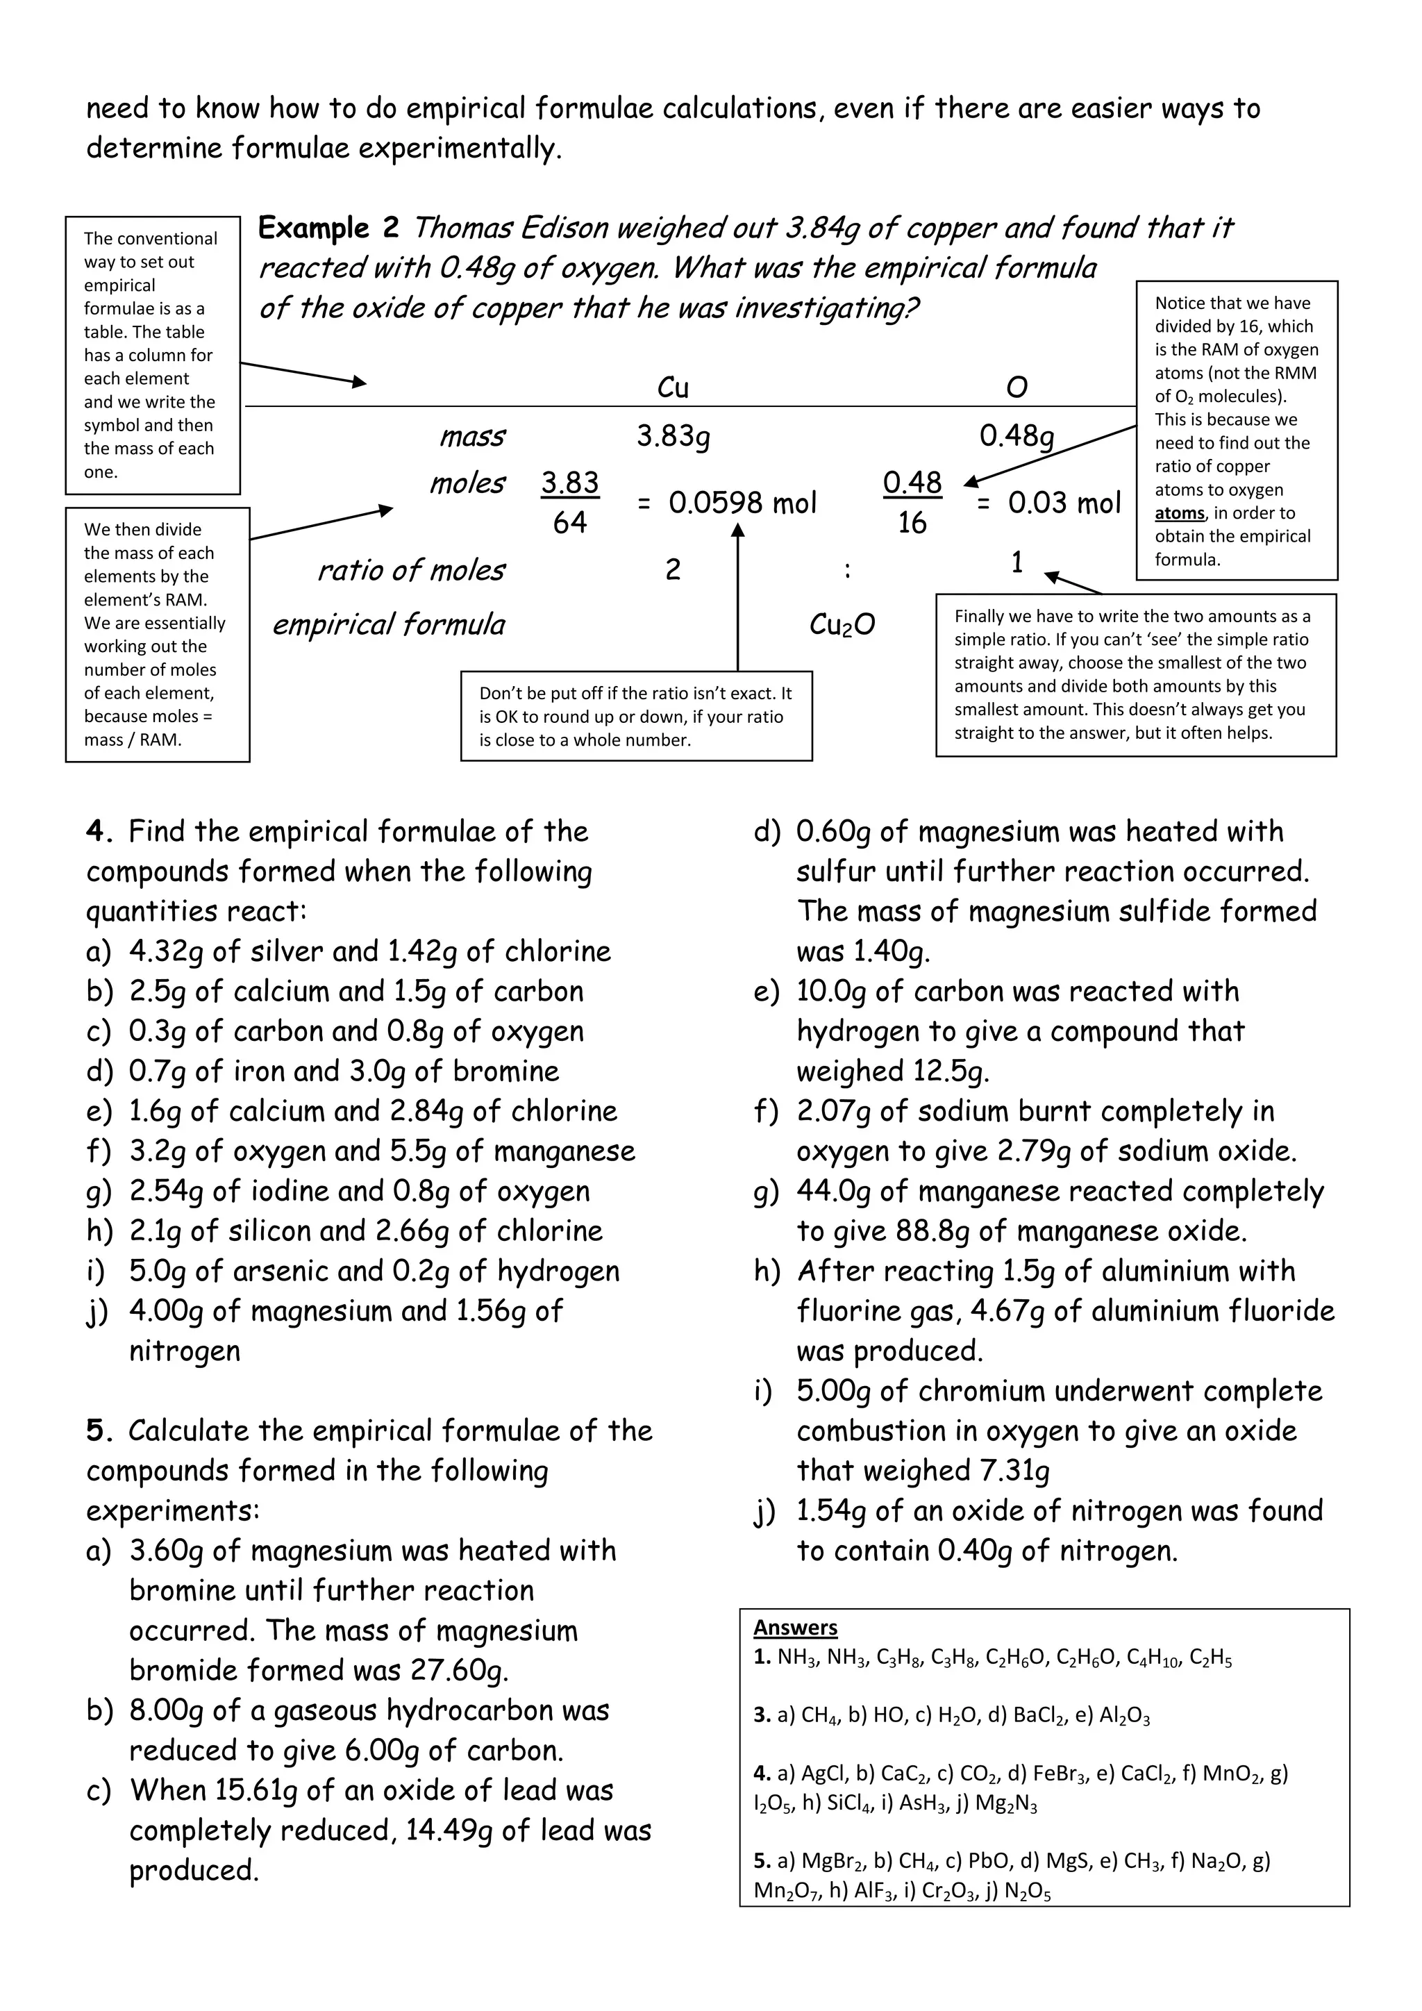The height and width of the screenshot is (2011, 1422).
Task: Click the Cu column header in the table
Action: click(673, 387)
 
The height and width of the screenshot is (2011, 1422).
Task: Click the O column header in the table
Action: click(1016, 387)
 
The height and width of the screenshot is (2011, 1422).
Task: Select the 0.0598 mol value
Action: click(742, 503)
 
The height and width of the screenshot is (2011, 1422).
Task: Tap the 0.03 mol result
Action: click(1064, 503)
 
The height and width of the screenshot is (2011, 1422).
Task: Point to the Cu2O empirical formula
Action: click(842, 624)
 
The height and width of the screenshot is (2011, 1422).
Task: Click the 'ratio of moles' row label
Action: click(410, 570)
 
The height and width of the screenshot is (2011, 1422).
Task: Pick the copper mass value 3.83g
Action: click(673, 435)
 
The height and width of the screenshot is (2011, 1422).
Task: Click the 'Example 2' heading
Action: click(328, 228)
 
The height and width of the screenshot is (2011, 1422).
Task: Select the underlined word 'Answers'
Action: click(795, 1628)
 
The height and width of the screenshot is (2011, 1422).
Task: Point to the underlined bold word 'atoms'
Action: click(1180, 513)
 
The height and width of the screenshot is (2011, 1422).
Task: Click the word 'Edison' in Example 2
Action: click(564, 228)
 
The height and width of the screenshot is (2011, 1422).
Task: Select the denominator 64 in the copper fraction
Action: click(570, 523)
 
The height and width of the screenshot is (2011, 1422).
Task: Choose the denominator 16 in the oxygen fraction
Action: click(912, 523)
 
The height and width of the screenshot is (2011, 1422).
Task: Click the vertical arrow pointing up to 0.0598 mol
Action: click(737, 596)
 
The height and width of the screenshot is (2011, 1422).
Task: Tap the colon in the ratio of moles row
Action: click(846, 570)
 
